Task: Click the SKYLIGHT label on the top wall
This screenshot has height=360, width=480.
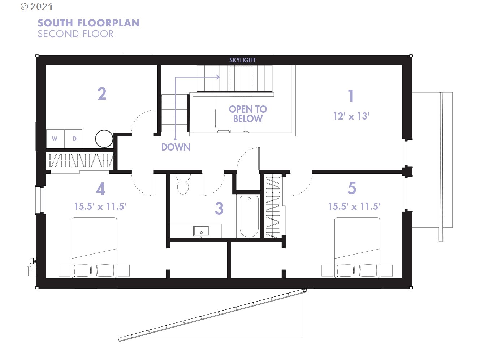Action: tap(242, 60)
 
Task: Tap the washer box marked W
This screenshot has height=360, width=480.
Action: tap(55, 139)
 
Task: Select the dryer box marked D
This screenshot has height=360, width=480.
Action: tap(73, 139)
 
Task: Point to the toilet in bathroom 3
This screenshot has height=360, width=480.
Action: tap(183, 184)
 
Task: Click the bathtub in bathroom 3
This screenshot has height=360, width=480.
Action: tap(249, 216)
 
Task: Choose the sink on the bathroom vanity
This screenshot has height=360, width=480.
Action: tap(201, 231)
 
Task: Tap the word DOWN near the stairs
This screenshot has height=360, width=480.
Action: tap(176, 147)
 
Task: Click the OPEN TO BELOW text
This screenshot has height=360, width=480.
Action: tap(248, 114)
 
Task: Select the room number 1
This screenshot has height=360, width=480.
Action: tap(351, 96)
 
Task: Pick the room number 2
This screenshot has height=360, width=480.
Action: tap(102, 94)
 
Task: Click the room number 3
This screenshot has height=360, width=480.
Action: tap(219, 208)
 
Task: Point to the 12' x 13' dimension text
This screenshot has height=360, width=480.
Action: tap(351, 116)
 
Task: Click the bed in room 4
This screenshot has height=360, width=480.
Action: tap(94, 247)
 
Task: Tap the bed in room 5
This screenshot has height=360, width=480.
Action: tap(357, 247)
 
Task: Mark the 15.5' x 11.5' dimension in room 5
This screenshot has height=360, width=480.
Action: tap(354, 206)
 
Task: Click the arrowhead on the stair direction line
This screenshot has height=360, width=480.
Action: tap(218, 77)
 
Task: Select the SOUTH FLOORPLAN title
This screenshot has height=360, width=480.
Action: tap(88, 23)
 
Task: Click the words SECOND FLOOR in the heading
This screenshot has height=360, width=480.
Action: tap(75, 34)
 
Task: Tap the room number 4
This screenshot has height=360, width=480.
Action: tap(101, 188)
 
